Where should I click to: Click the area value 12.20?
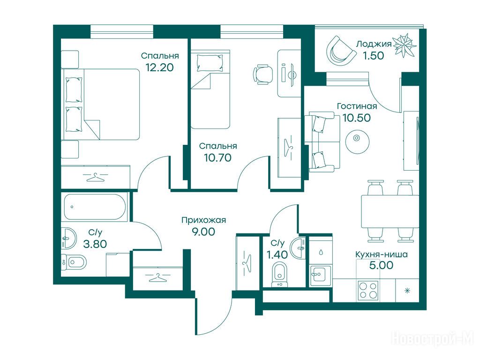point(160,67)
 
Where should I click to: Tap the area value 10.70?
point(217,157)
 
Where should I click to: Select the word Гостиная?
point(357,106)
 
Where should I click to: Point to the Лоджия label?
point(374,44)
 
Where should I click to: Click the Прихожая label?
point(203,220)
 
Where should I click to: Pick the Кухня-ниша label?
point(382,255)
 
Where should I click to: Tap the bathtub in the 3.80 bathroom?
point(95,207)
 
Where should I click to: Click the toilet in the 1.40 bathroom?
point(279,274)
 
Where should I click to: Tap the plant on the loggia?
point(405,45)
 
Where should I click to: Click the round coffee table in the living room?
point(357,141)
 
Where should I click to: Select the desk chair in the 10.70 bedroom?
point(262,74)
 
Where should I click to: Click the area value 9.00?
point(203,232)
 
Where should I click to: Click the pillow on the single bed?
point(210,63)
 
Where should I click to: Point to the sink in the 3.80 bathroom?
point(68,239)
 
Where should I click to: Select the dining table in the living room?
point(390,211)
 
